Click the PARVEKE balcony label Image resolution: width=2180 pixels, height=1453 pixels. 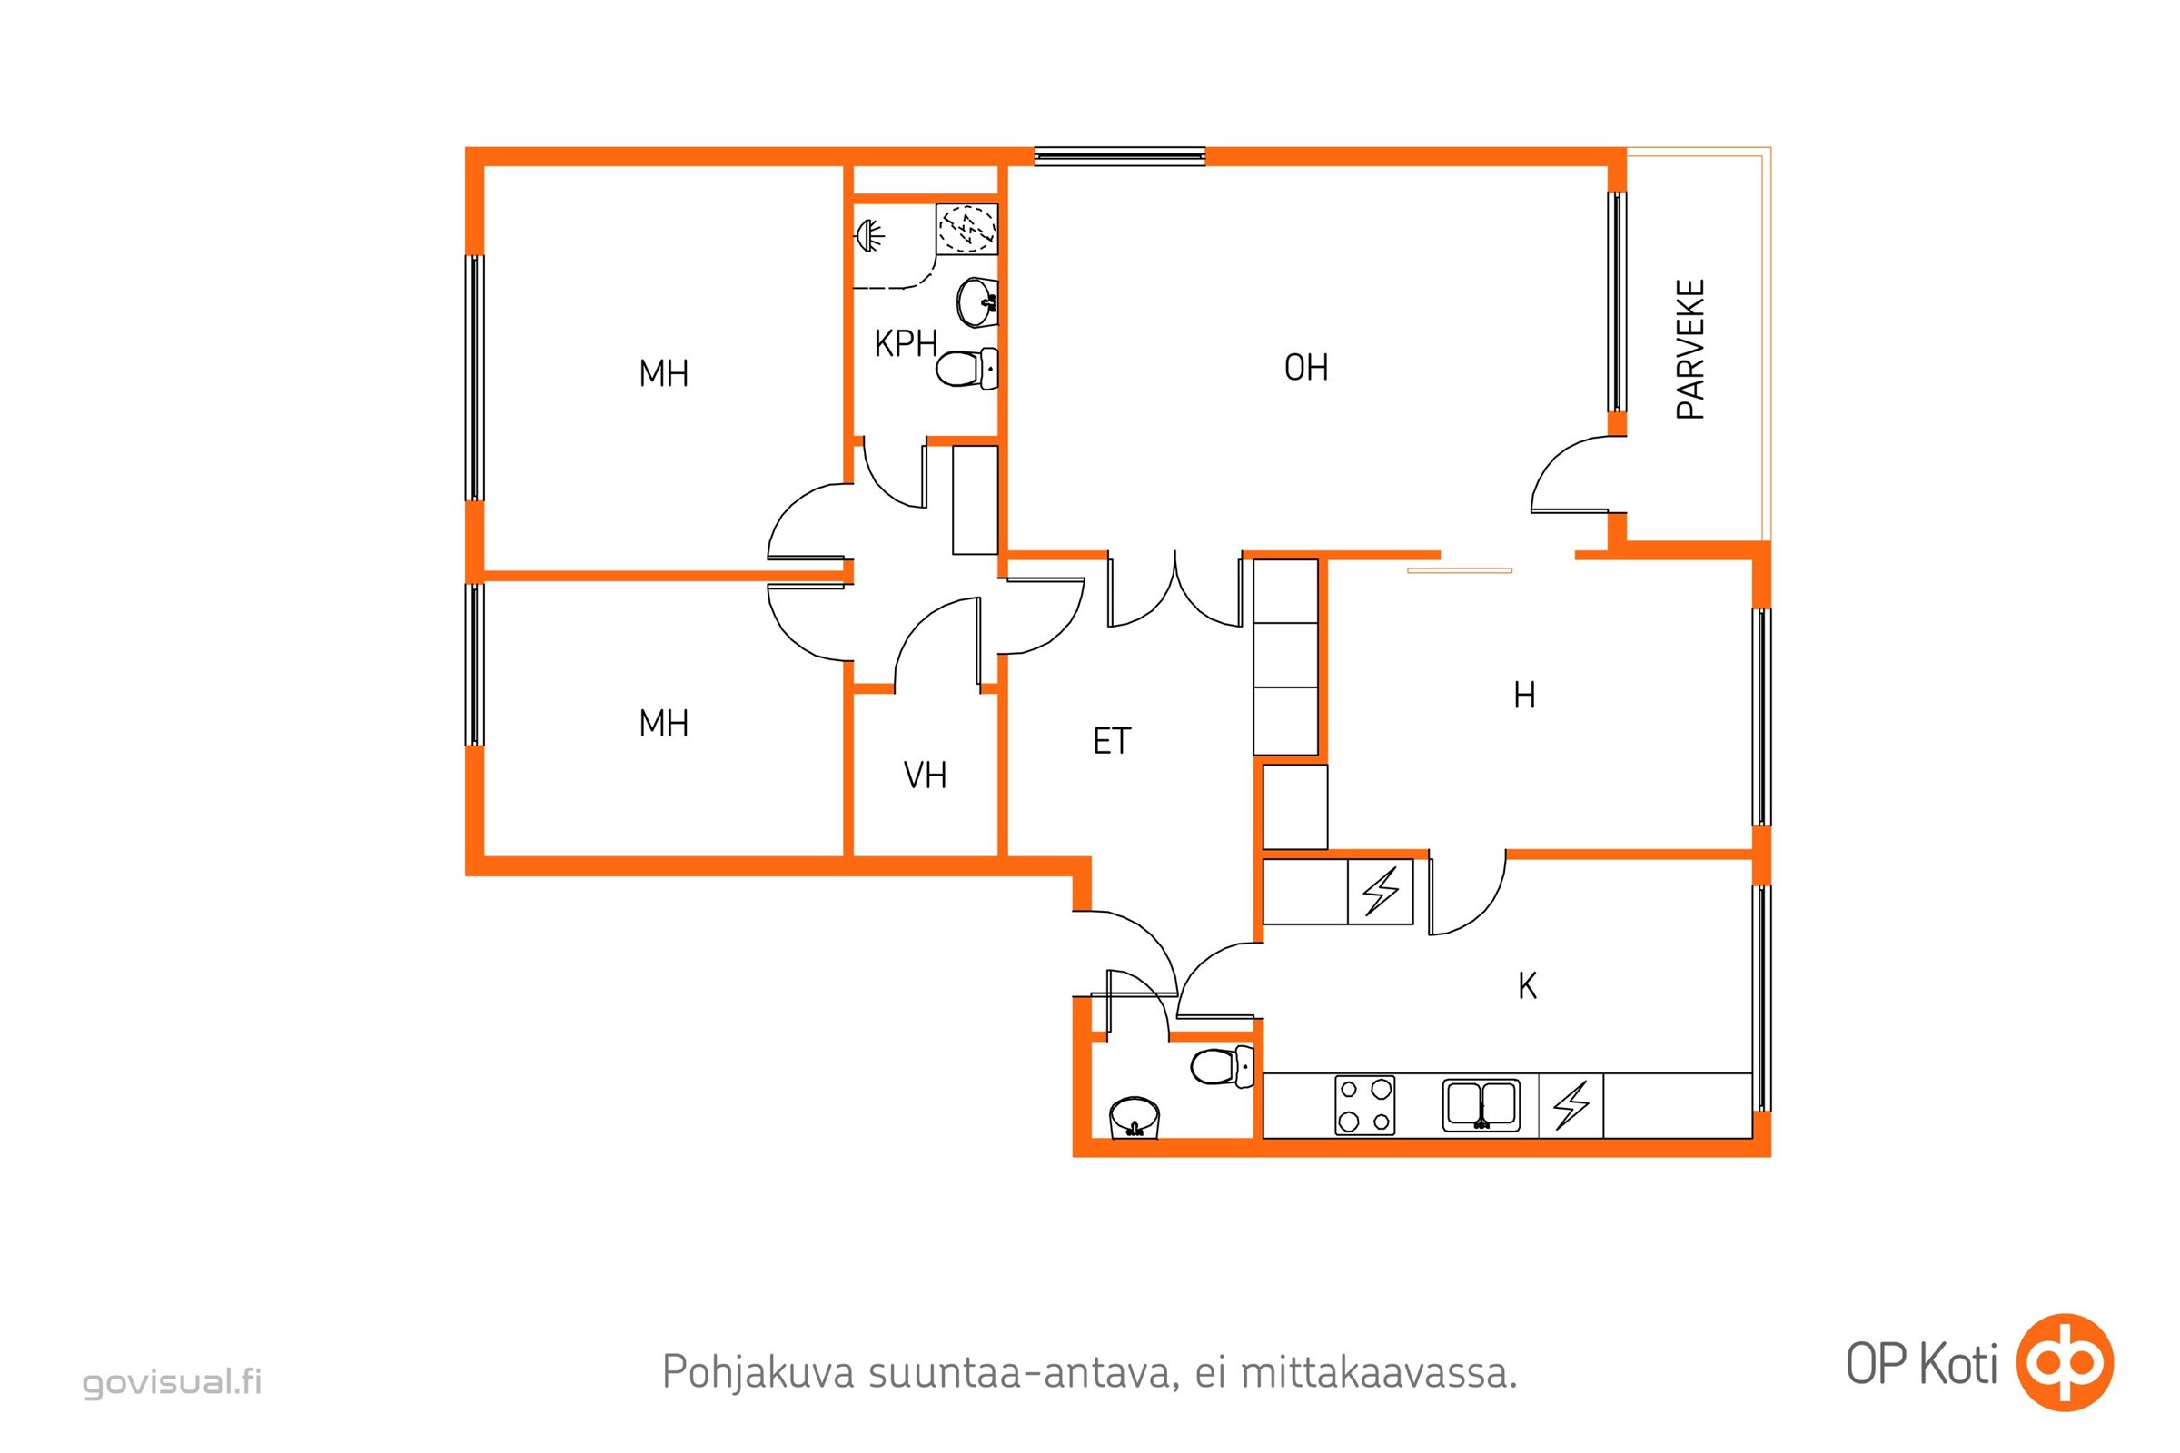[1690, 350]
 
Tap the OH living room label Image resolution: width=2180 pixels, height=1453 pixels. [1306, 368]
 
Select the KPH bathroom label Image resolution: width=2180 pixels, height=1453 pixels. [906, 344]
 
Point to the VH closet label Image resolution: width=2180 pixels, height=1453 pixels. [925, 776]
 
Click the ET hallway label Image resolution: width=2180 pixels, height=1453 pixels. [1112, 741]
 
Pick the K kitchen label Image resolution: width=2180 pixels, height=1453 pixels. [1528, 986]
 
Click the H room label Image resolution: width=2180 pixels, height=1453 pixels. [1525, 695]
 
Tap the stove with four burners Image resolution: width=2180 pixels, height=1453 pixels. [1364, 1105]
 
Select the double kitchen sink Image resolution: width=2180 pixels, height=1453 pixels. [1481, 1105]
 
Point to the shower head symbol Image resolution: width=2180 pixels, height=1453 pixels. [869, 235]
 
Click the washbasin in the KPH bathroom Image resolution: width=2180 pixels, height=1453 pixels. [977, 301]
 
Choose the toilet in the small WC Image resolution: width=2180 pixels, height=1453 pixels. [1220, 1066]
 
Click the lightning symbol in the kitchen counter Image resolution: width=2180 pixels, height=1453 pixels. [1571, 1105]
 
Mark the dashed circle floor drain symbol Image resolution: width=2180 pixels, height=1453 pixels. [966, 228]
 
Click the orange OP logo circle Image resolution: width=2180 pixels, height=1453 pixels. [2064, 1363]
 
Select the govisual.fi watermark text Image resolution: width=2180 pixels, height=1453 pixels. [173, 1382]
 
